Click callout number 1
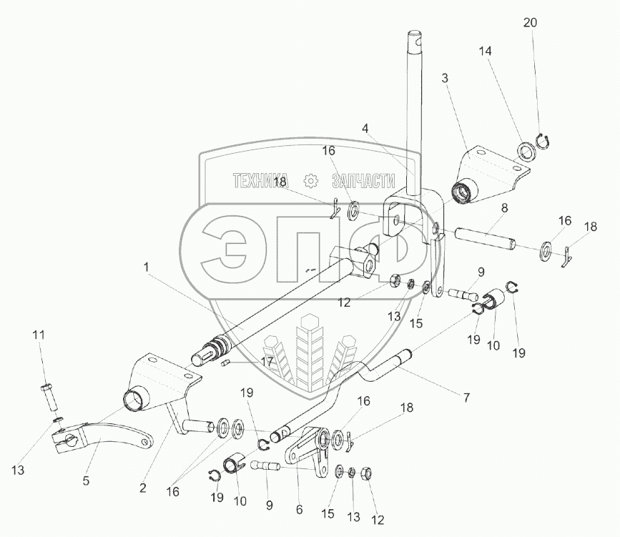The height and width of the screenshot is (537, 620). pos(146,266)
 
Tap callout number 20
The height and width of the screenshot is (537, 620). pos(529,23)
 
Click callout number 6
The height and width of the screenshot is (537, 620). pos(300,510)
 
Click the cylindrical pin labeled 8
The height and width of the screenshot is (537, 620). pos(483,240)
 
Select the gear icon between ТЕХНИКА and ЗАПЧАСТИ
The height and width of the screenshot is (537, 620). pos(310,180)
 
